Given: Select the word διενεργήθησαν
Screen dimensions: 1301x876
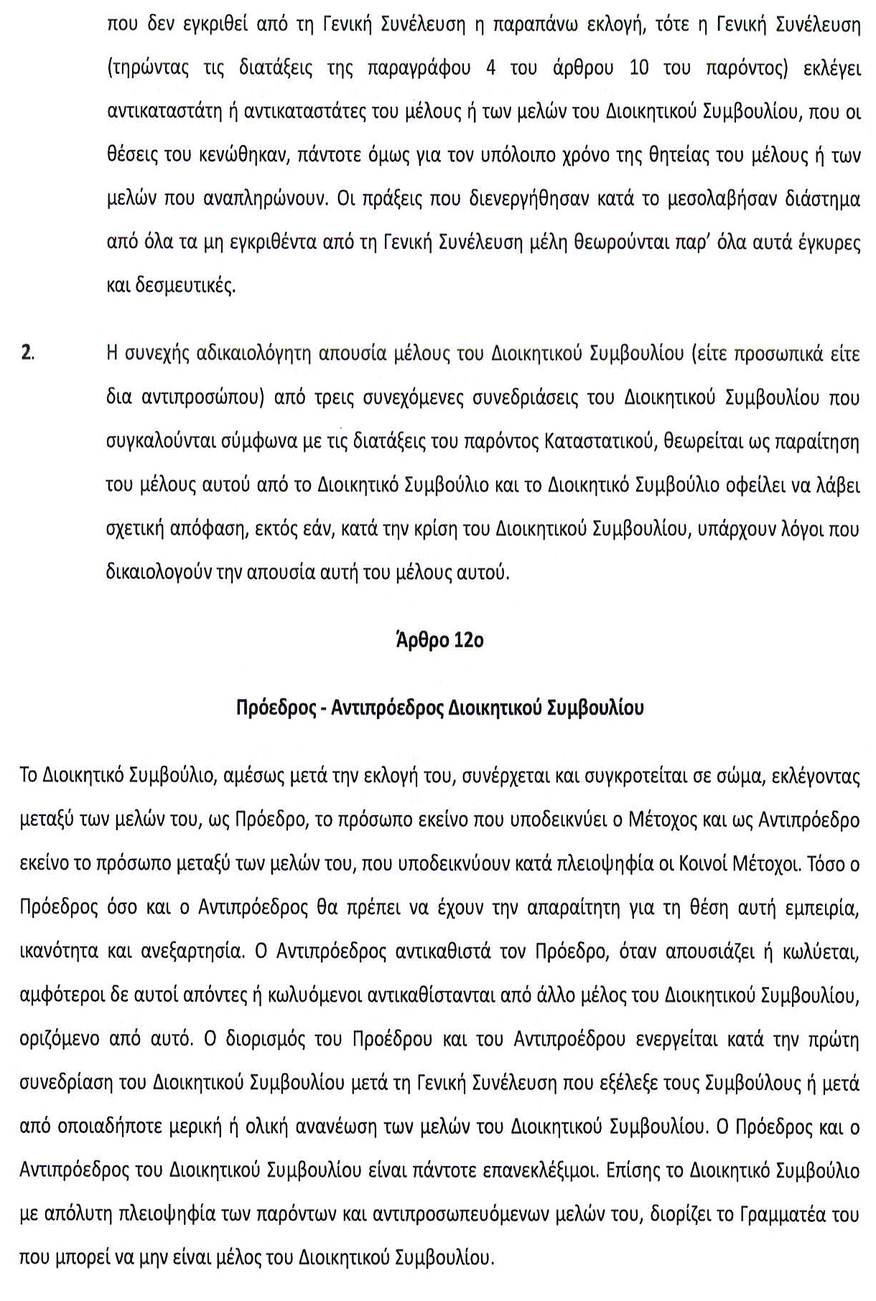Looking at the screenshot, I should pos(549,199).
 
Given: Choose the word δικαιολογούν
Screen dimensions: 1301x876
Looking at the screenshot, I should pos(172,573).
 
